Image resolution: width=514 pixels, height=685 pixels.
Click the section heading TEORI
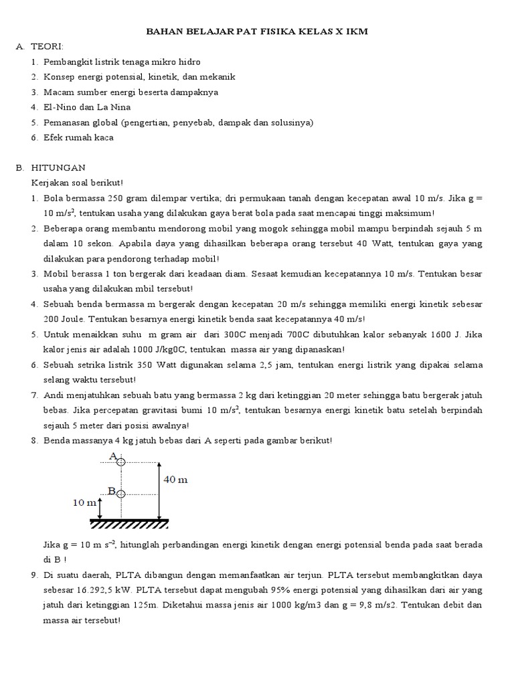(48, 46)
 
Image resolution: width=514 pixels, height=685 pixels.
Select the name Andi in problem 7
(55, 396)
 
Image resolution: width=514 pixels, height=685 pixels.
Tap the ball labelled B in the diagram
(121, 494)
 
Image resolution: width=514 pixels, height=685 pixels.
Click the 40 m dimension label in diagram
(175, 479)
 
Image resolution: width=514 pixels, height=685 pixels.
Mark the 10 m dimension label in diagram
(84, 504)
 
